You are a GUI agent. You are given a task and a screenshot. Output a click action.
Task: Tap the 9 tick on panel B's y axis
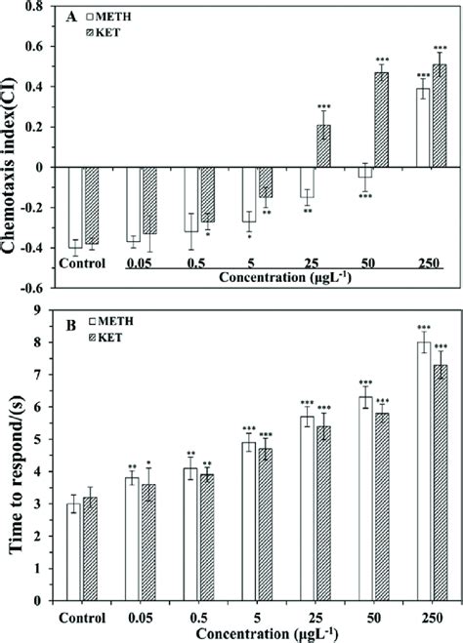pos(45,309)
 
